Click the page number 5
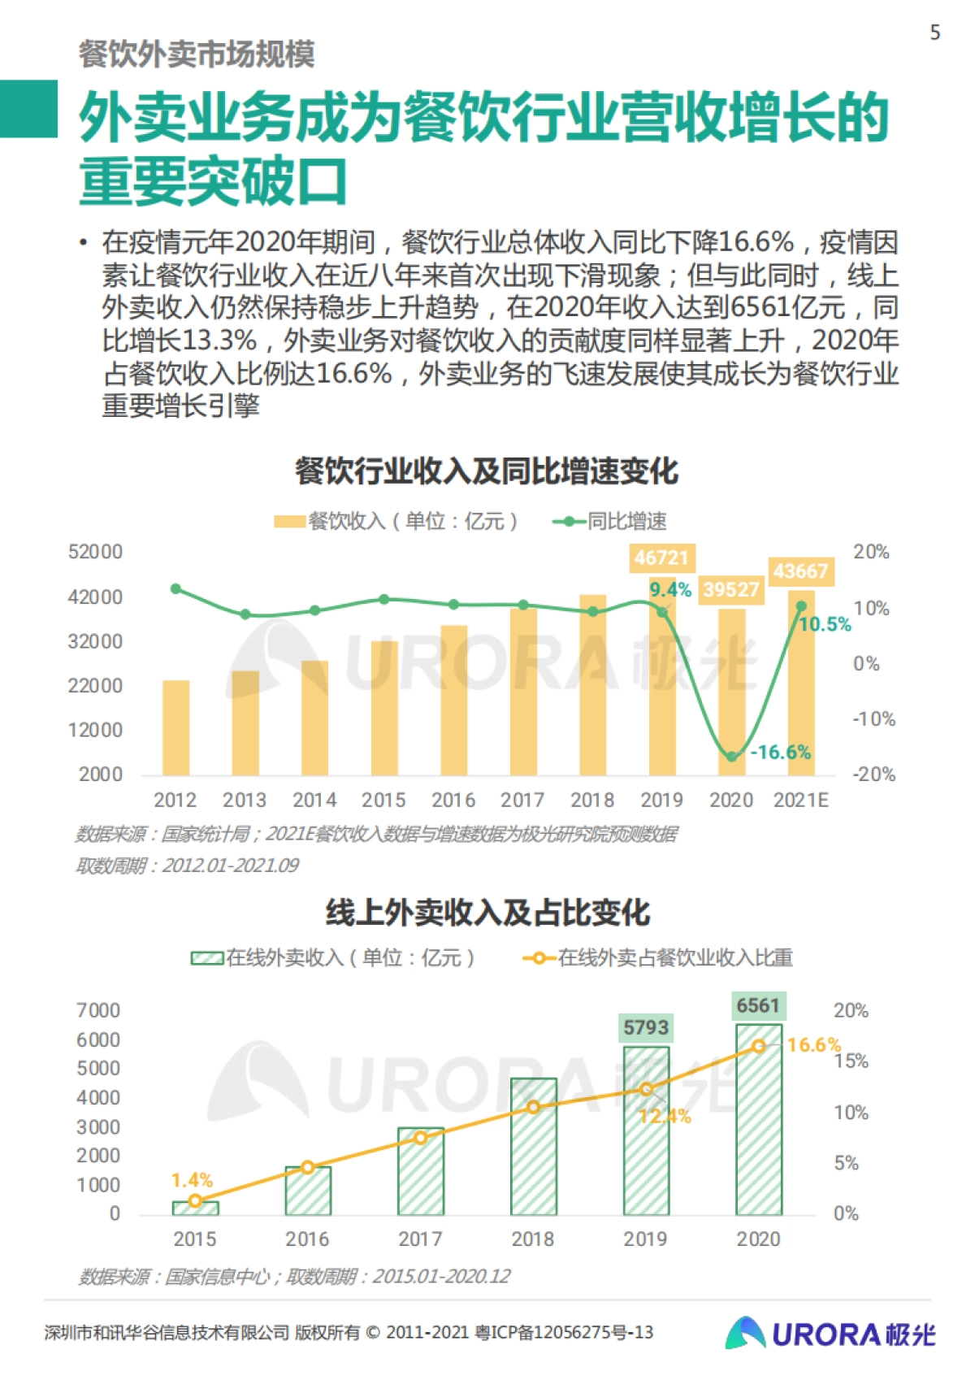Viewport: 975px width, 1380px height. (935, 33)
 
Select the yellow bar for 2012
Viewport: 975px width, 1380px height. (175, 727)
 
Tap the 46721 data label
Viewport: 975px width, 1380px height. (661, 558)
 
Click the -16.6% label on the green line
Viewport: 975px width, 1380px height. (780, 752)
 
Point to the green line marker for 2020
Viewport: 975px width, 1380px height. (731, 757)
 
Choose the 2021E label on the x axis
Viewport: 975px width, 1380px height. (800, 800)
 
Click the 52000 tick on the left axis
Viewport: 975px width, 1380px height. (95, 552)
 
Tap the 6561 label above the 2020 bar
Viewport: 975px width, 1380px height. (757, 1005)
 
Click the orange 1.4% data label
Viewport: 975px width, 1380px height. (192, 1179)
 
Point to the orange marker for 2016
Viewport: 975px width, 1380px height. (308, 1167)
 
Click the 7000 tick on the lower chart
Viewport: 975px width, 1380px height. (98, 1010)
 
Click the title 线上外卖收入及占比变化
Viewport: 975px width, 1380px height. (487, 913)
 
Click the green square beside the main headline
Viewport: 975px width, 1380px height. (28, 108)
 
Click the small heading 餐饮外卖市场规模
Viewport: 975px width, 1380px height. (197, 54)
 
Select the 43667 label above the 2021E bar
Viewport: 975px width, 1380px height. (800, 571)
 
